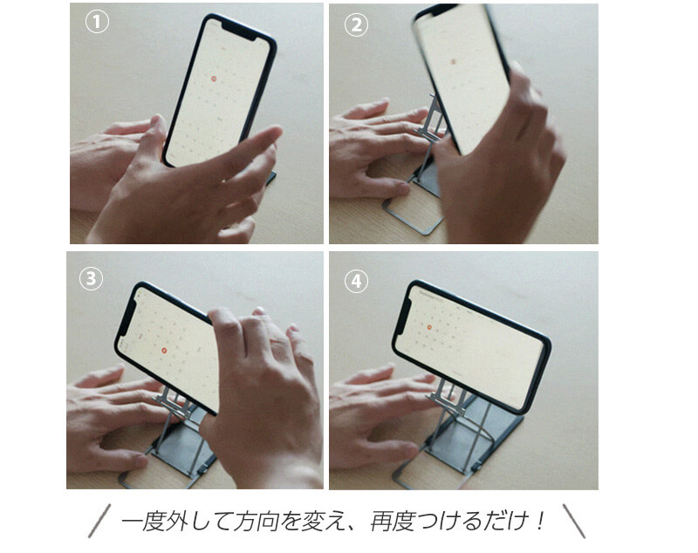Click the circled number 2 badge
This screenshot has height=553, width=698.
pos(355,24)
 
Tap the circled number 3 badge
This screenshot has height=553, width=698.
pos(90,279)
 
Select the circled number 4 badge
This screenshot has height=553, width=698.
pos(355,280)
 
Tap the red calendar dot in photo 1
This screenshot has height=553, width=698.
pos(214,78)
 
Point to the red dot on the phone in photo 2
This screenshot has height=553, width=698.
pos(452,62)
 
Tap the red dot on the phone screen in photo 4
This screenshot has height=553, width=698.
pos(429,326)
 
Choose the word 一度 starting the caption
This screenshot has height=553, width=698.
pos(141,522)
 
